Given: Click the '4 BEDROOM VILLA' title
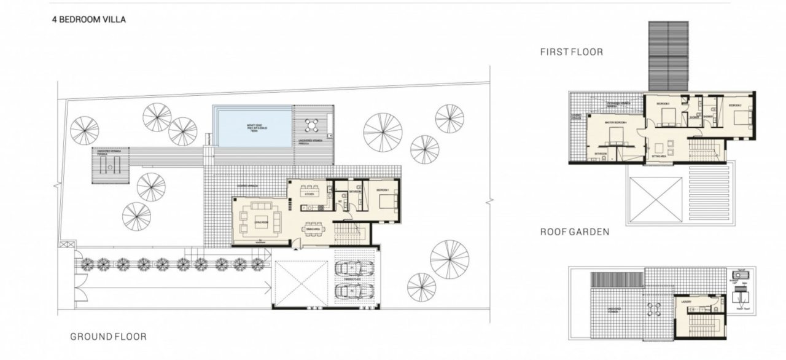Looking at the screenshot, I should tap(89, 20).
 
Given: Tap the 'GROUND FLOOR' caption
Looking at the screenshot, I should tap(108, 337).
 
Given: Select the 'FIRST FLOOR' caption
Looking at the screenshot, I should tap(571, 52).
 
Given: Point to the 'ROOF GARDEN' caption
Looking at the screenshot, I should tap(575, 232).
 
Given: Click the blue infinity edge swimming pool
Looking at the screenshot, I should tap(252, 127).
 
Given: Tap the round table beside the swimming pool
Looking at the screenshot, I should tap(311, 126).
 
